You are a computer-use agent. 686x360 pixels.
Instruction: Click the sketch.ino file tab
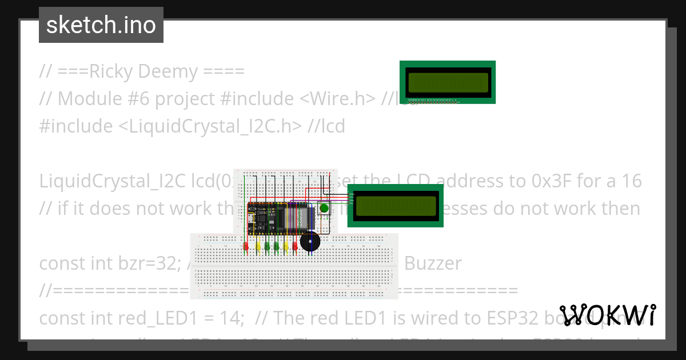[101, 25]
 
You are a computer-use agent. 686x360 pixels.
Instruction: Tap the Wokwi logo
[608, 315]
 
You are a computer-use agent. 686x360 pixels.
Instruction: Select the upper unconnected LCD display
[448, 82]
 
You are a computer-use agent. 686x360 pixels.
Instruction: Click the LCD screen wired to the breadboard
[396, 206]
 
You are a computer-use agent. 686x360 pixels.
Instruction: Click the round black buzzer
[310, 243]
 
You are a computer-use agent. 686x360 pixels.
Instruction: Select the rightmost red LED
[295, 247]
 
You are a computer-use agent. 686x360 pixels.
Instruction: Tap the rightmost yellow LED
[286, 247]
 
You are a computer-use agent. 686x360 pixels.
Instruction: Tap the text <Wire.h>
[337, 99]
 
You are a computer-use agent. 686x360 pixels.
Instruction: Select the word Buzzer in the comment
[433, 263]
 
